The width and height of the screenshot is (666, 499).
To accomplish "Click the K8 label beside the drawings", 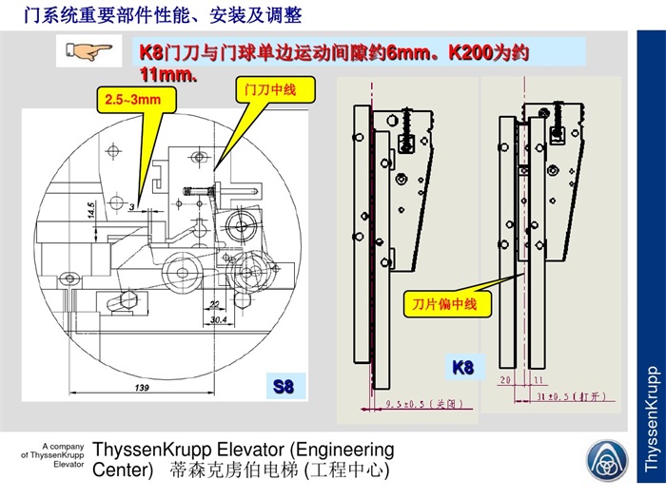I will [462, 367].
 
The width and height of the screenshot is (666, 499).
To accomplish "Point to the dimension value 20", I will [506, 379].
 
